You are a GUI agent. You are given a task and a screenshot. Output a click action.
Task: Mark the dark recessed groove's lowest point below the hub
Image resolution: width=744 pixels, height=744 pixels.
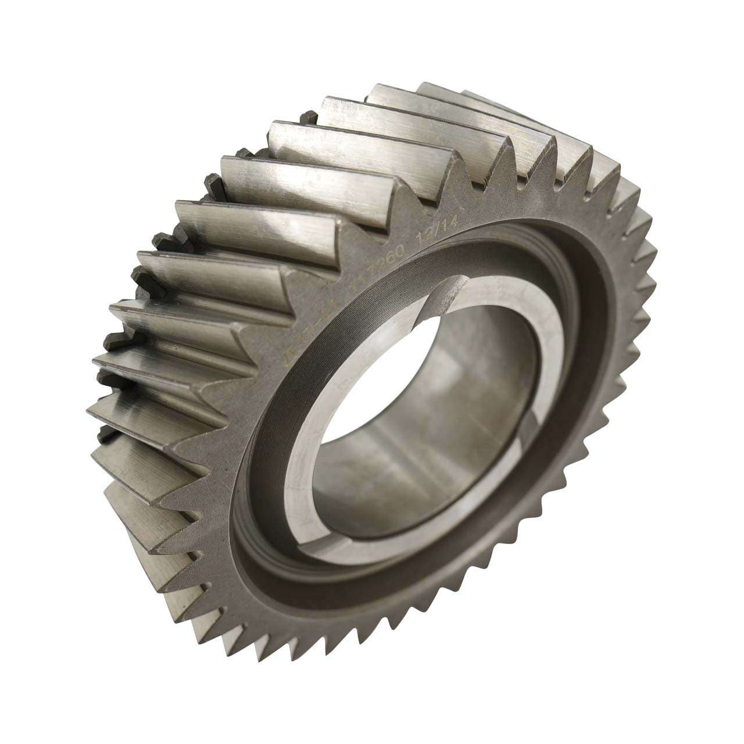(x=372, y=587)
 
